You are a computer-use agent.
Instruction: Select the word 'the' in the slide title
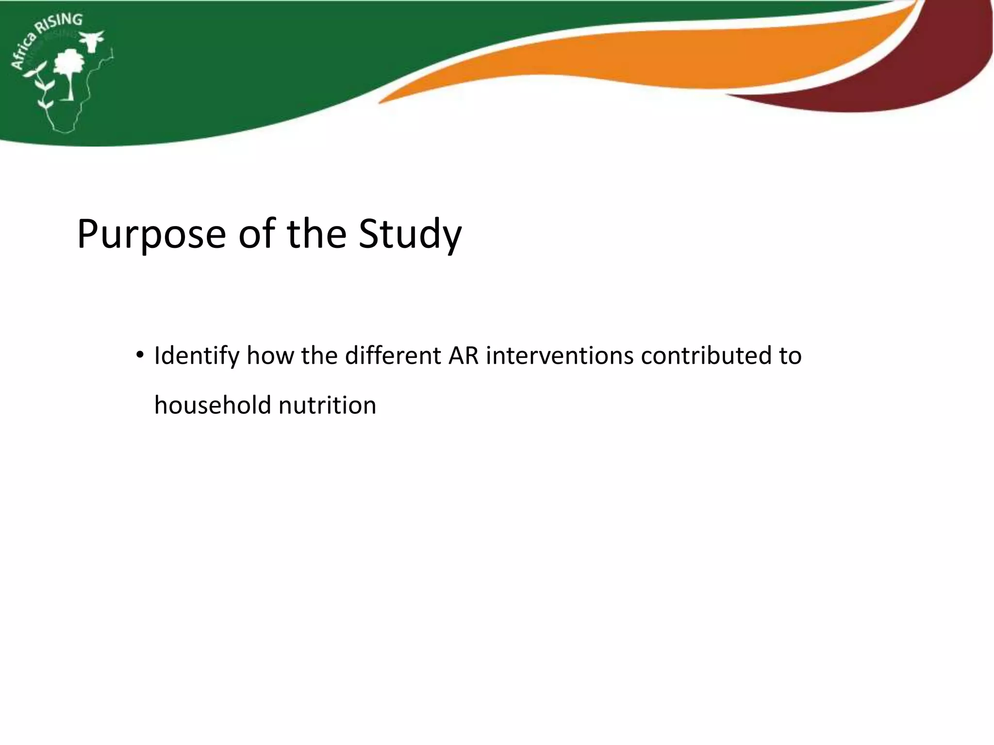316,234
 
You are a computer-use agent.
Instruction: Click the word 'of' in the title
256,234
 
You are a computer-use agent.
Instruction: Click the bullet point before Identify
140,355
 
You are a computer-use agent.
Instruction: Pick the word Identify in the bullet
197,356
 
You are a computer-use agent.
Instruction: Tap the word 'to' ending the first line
790,355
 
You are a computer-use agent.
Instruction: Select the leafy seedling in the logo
41,87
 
